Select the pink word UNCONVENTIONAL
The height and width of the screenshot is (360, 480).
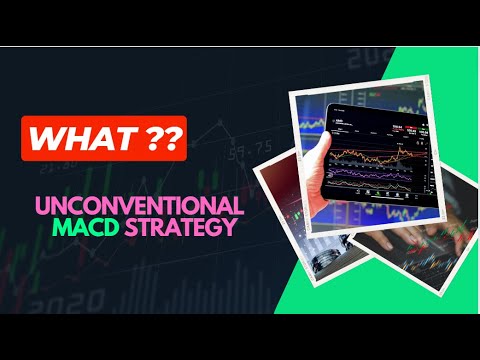click(x=139, y=206)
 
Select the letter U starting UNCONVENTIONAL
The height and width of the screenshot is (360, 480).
click(x=43, y=206)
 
